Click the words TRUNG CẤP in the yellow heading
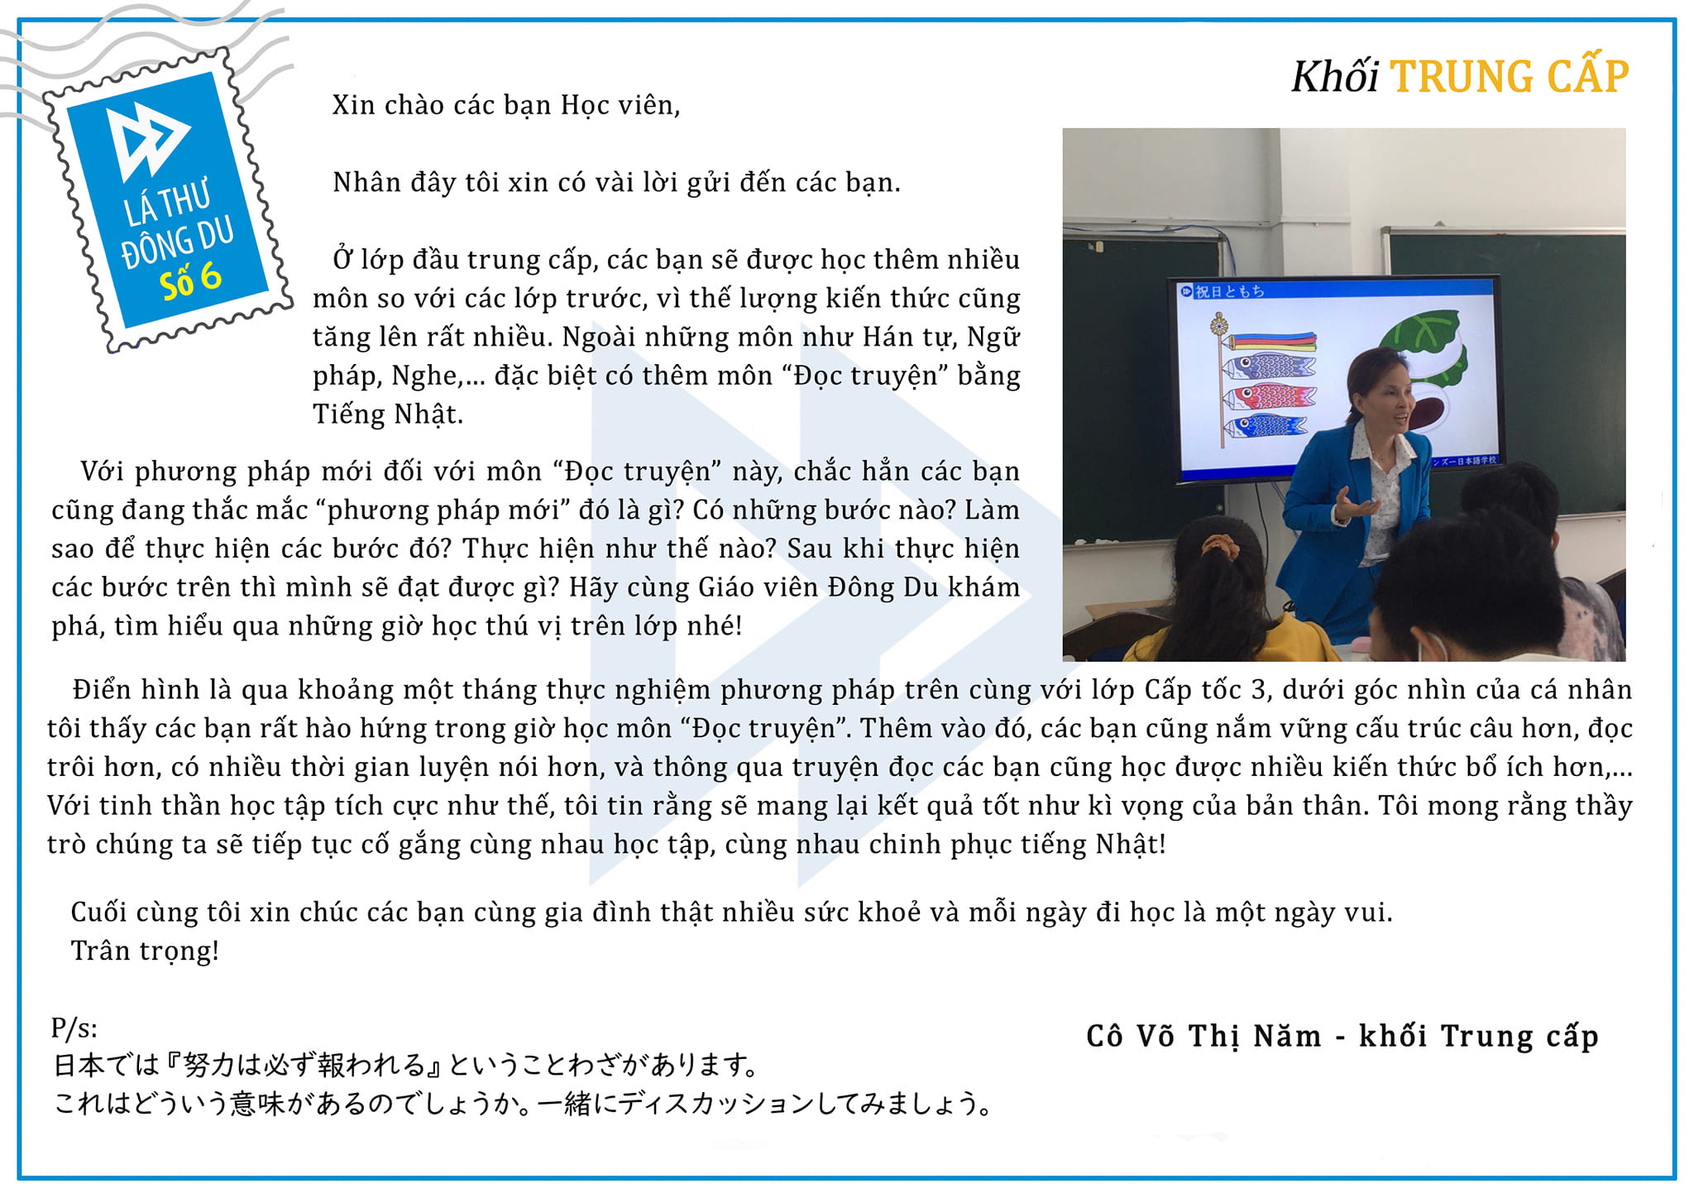(1510, 76)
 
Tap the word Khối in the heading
(1335, 77)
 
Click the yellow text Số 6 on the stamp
(191, 281)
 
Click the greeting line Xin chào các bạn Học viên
(506, 106)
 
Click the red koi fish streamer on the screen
(1270, 398)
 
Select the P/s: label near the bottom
(74, 1028)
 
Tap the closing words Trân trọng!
(145, 951)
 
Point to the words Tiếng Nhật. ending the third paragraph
(388, 415)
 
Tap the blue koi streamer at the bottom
(1266, 427)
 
